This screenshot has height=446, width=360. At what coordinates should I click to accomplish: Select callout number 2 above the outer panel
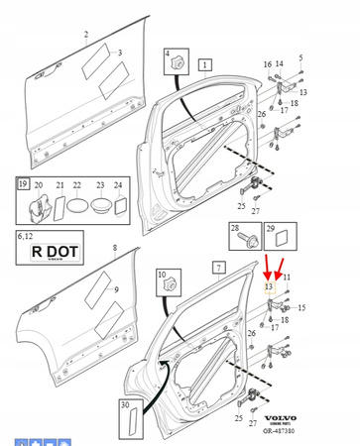point(86,34)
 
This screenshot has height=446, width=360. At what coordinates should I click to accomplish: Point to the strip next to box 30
point(126,422)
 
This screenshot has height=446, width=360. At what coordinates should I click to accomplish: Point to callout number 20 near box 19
point(40,184)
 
